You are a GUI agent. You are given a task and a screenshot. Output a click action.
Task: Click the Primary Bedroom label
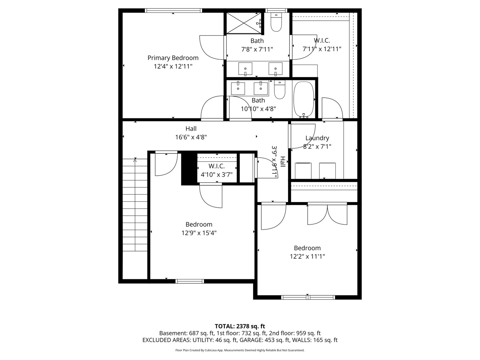pyautogui.click(x=173, y=58)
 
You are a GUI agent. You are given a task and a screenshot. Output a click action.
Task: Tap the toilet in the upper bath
pyautogui.click(x=276, y=22)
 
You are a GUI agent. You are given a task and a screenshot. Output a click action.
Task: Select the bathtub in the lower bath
pyautogui.click(x=304, y=99)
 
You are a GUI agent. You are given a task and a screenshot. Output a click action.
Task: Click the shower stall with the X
pyautogui.click(x=244, y=23)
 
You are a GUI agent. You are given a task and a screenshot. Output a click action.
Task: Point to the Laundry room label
pyautogui.click(x=317, y=138)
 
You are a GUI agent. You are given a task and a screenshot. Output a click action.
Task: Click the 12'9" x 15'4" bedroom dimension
pyautogui.click(x=199, y=233)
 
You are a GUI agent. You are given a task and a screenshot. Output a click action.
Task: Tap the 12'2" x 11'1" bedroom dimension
pyautogui.click(x=307, y=256)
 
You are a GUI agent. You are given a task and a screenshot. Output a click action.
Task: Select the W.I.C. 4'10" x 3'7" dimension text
pyautogui.click(x=216, y=175)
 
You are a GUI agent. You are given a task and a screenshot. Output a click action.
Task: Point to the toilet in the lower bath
pyautogui.click(x=280, y=90)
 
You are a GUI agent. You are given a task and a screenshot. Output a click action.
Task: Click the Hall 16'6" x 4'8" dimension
pyautogui.click(x=191, y=137)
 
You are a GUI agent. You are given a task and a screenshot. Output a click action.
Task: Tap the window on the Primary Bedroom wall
pyautogui.click(x=173, y=10)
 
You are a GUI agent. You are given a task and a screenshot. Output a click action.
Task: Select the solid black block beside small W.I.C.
pyautogui.click(x=189, y=168)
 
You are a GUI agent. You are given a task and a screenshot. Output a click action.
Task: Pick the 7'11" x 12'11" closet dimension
pyautogui.click(x=322, y=49)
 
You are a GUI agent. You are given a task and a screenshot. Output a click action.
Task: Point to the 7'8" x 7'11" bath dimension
pyautogui.click(x=257, y=49)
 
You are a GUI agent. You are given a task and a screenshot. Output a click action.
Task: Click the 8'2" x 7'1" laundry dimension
pyautogui.click(x=317, y=146)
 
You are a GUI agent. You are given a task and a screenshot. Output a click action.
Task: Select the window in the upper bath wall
pyautogui.click(x=276, y=10)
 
